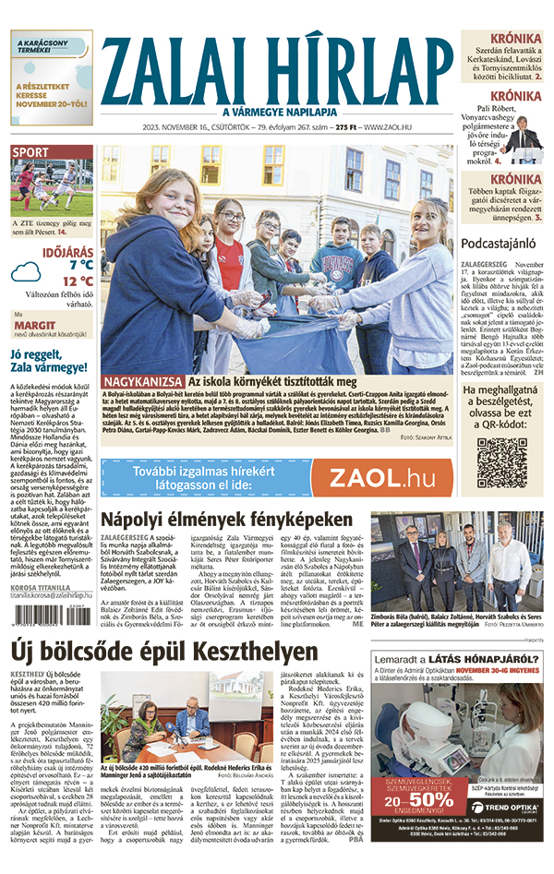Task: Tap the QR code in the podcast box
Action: tap(501, 462)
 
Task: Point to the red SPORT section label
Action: tap(31, 152)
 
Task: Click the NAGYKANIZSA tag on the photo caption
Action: tap(142, 381)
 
